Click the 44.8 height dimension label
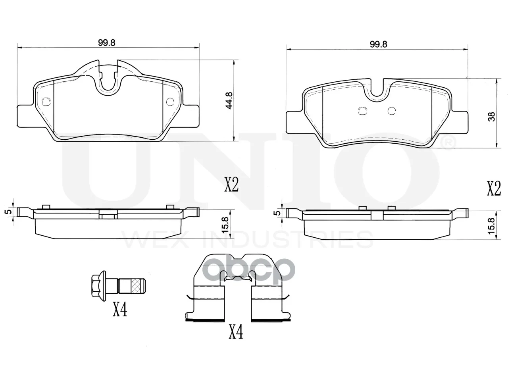[229, 100]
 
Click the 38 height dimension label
[492, 116]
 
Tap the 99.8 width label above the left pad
[107, 43]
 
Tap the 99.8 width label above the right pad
[378, 44]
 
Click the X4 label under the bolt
[120, 310]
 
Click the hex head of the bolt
[98, 286]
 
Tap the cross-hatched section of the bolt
[136, 286]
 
